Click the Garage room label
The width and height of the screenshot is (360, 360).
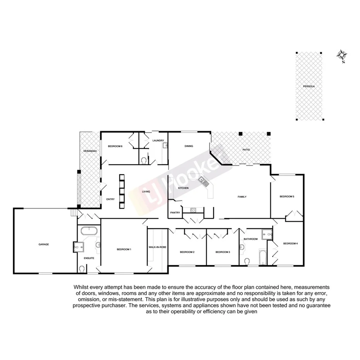pyautogui.click(x=43, y=244)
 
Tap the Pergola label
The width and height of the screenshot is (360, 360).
pyautogui.click(x=309, y=86)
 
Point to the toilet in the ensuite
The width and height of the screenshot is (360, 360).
pyautogui.click(x=82, y=268)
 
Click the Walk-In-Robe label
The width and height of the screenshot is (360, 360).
pyautogui.click(x=157, y=247)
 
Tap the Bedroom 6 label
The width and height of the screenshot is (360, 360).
pyautogui.click(x=115, y=146)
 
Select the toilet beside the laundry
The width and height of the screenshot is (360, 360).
pyautogui.click(x=144, y=160)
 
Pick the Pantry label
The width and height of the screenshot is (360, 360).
pyautogui.click(x=175, y=212)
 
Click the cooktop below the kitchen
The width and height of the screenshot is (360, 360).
pyautogui.click(x=194, y=210)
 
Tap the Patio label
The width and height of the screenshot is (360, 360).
pyautogui.click(x=246, y=149)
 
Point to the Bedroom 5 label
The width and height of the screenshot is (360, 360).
pyautogui.click(x=287, y=197)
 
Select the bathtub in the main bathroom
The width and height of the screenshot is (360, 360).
pyautogui.click(x=263, y=258)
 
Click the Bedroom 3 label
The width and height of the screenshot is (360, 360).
pyautogui.click(x=222, y=252)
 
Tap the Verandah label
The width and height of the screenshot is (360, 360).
pyautogui.click(x=90, y=151)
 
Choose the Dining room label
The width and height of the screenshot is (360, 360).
pyautogui.click(x=188, y=146)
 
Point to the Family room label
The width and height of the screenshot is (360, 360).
pyautogui.click(x=242, y=197)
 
